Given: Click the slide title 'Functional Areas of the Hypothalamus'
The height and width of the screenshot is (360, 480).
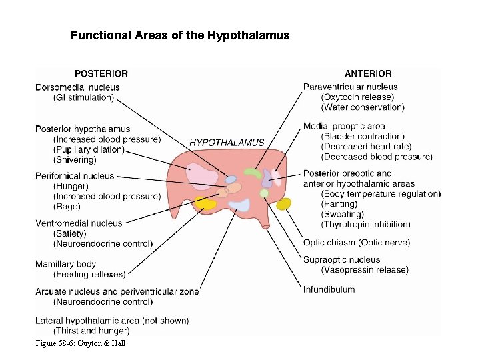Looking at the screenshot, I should [x=180, y=35].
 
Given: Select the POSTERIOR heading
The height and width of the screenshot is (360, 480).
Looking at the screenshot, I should [x=101, y=73].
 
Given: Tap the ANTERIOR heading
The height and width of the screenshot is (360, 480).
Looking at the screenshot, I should [x=368, y=73].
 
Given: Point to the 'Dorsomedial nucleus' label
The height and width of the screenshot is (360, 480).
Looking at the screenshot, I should [x=77, y=87].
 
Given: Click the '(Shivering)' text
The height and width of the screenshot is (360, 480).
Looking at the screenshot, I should [x=75, y=160].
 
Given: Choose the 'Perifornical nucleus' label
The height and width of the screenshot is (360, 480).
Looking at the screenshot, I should [x=75, y=176].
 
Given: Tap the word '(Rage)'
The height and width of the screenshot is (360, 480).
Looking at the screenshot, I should [x=67, y=207].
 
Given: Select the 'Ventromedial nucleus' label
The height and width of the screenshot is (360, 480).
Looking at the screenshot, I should [x=79, y=223].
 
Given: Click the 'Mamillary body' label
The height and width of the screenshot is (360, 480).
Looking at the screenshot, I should [x=65, y=264].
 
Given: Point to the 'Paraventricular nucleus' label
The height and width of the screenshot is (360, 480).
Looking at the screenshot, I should [x=350, y=87].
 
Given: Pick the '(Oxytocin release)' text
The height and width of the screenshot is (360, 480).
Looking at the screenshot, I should [x=357, y=97].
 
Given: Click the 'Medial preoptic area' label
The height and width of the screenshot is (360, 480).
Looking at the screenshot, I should [x=344, y=126].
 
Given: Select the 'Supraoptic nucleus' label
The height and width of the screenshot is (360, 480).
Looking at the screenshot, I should [x=341, y=259].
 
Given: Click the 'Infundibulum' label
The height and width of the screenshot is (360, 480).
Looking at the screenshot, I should [x=329, y=289].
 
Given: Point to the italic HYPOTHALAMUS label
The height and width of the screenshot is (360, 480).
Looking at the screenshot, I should [x=227, y=143].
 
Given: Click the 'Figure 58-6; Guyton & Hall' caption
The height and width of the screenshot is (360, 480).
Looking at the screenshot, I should [x=81, y=343].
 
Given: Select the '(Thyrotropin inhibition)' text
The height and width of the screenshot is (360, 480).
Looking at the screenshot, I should [x=366, y=225].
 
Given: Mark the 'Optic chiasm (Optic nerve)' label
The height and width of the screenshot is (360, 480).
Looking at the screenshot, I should [x=357, y=243].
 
